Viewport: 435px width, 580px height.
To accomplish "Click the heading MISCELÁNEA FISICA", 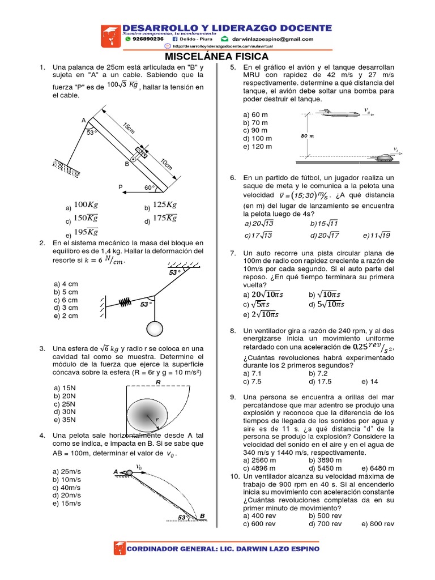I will coord(217,57).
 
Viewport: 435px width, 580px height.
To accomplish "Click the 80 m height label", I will coord(307,137).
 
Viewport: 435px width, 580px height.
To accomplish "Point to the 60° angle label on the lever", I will coord(149,187).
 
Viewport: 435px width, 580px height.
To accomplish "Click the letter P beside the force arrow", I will coord(120,187).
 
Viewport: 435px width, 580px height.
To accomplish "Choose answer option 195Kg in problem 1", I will coord(86,232).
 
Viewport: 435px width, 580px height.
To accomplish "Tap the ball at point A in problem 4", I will coord(129,471).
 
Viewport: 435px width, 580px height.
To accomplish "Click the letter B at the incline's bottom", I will coord(201,515).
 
